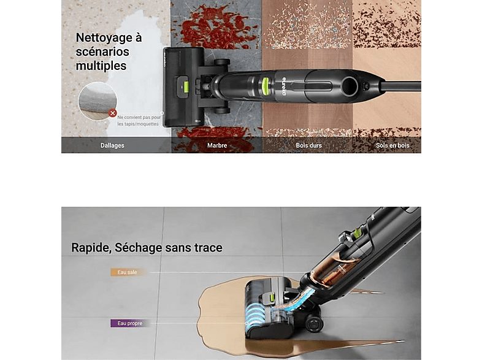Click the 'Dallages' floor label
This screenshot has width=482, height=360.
pyautogui.click(x=112, y=145)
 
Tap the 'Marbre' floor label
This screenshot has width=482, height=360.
pyautogui.click(x=217, y=145)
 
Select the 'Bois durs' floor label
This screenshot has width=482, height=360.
pyautogui.click(x=308, y=145)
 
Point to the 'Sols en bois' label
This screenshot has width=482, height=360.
pyautogui.click(x=392, y=145)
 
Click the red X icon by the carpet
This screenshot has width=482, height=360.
pyautogui.click(x=112, y=113)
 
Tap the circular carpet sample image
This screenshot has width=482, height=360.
pyautogui.click(x=98, y=101)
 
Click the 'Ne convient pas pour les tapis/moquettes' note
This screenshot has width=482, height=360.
pyautogui.click(x=139, y=121)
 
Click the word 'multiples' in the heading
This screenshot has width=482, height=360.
pyautogui.click(x=101, y=66)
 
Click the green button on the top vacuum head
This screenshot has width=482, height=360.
pyautogui.click(x=185, y=88)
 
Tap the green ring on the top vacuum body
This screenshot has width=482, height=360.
pyautogui.click(x=266, y=86)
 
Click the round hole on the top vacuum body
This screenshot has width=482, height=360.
pyautogui.click(x=350, y=86)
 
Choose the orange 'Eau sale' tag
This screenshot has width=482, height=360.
pyautogui.click(x=127, y=272)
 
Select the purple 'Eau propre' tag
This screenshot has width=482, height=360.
pyautogui.click(x=130, y=323)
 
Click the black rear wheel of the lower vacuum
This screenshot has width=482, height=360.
pyautogui.click(x=314, y=324)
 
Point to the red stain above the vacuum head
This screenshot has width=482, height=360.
pyautogui.click(x=217, y=27)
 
